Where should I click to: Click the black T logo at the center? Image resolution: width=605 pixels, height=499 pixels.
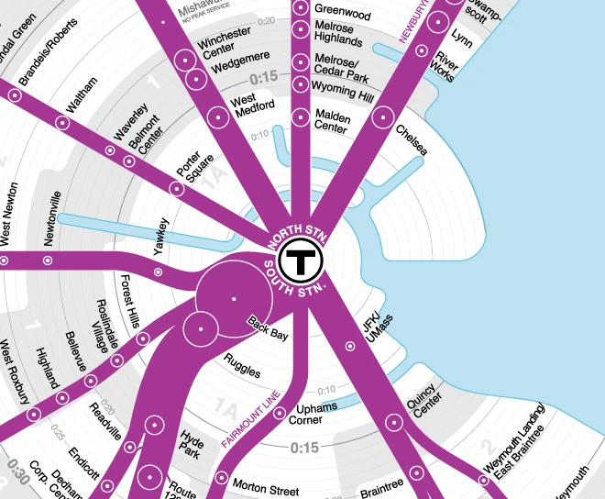pyautogui.click(x=299, y=262)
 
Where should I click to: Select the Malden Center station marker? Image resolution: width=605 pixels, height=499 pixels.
pyautogui.click(x=301, y=117)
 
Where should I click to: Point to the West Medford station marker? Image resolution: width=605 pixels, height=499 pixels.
pyautogui.click(x=218, y=116)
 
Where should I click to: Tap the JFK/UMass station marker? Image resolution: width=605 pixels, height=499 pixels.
pyautogui.click(x=349, y=346)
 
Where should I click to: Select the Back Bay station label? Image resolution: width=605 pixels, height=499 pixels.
pyautogui.click(x=268, y=330)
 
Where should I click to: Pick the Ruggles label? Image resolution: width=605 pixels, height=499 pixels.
pyautogui.click(x=242, y=367)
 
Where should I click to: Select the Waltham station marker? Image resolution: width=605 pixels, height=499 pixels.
pyautogui.click(x=63, y=122)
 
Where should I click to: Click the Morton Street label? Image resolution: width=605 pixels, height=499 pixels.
pyautogui.click(x=267, y=482)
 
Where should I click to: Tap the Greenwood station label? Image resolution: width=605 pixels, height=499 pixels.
pyautogui.click(x=342, y=15)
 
